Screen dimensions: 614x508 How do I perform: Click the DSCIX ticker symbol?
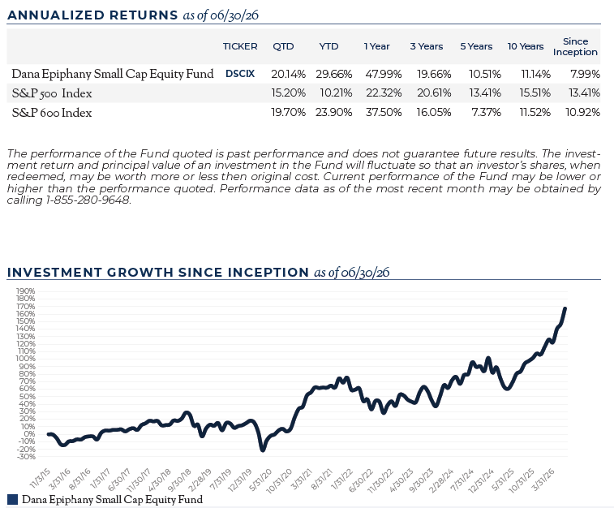point(240,74)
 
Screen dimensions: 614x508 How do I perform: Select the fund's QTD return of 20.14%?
point(288,74)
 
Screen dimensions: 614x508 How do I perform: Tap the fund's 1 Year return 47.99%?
point(384,74)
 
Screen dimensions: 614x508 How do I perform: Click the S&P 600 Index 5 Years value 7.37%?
point(486,113)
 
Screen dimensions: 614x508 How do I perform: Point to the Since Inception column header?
point(575,46)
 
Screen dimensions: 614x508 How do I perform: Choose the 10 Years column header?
point(526,46)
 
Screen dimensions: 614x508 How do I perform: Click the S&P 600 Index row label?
point(52,113)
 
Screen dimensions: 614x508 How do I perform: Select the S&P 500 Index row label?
point(52,93)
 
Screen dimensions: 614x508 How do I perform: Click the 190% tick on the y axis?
point(25,291)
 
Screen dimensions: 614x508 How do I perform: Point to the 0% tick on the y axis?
point(29,434)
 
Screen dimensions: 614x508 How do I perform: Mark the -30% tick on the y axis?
point(25,457)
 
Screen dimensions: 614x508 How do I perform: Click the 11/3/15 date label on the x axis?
point(40,478)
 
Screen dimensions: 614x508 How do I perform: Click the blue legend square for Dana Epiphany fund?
point(12,499)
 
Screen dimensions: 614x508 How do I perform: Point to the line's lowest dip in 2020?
point(262,450)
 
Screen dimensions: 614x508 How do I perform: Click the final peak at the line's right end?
point(565,308)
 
